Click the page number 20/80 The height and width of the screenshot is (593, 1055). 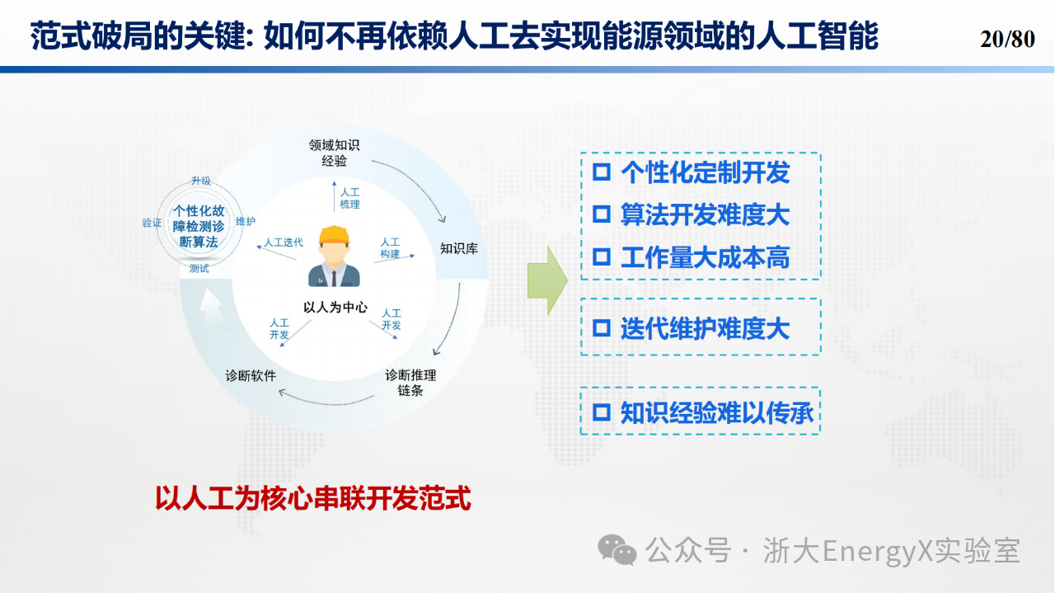coord(1007,39)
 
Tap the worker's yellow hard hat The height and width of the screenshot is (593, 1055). coord(334,235)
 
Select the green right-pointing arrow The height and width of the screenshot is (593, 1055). coord(547,280)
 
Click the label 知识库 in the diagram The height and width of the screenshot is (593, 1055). coord(459,248)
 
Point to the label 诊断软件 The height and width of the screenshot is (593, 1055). coord(251,376)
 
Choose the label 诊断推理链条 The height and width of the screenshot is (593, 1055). coord(410,383)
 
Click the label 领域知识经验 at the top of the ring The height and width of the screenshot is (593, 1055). coord(334,153)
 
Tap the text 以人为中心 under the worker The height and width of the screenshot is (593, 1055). coord(335,308)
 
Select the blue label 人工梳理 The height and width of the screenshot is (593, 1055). coord(349,199)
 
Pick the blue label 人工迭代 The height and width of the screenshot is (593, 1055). coord(284,242)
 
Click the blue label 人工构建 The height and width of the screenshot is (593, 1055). coord(390,248)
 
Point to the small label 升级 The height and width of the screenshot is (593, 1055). coord(201,181)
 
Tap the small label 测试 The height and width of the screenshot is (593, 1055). coord(199,268)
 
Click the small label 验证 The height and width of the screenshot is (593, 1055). coord(152,223)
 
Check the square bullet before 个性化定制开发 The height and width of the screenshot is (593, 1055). coord(602,172)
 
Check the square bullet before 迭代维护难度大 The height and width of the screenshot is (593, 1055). coord(602,328)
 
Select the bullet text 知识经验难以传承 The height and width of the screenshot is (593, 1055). coord(716,413)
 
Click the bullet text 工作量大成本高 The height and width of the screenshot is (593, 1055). coord(705,257)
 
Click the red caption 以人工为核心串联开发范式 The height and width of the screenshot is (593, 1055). coord(312,498)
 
